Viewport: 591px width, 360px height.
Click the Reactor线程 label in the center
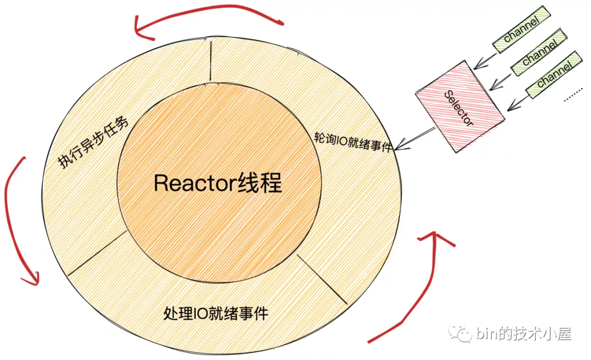[x=218, y=183]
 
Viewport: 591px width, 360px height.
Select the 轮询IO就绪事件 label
[x=354, y=141]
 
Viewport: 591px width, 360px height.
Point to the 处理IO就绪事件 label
[x=216, y=313]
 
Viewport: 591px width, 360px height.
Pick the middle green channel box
[x=539, y=53]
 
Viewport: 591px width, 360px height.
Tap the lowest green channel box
[x=553, y=75]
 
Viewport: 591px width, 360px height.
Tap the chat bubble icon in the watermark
[x=457, y=333]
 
